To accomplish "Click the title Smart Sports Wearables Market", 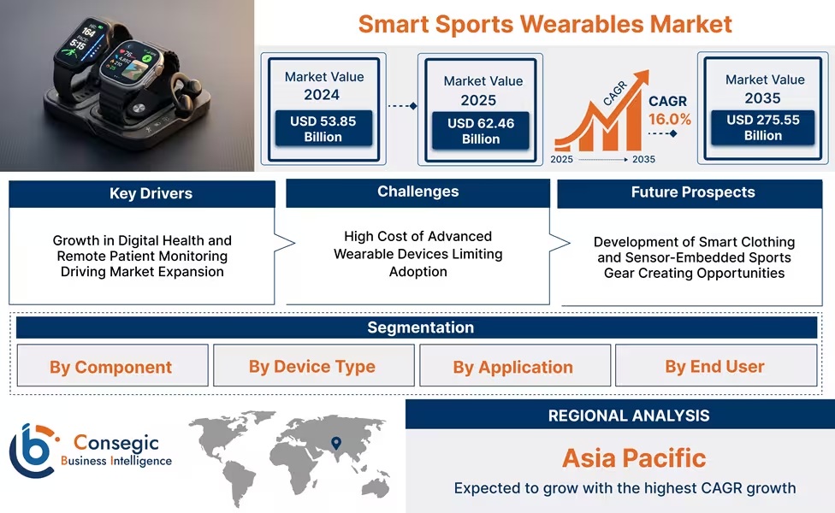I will click(545, 23).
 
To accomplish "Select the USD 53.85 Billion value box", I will click(323, 129).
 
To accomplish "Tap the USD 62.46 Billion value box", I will click(481, 131).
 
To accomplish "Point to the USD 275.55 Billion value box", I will click(763, 127).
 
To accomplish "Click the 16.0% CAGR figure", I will click(669, 119).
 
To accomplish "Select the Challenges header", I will click(417, 192).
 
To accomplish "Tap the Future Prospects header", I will click(693, 192).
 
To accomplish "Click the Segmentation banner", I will click(420, 327).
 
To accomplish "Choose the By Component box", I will click(111, 367).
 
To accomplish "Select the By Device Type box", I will click(312, 366).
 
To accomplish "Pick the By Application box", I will click(513, 367).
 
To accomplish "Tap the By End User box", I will click(714, 366).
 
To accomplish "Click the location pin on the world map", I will click(336, 443).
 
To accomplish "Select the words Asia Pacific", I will click(634, 457).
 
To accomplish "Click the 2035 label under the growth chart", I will click(643, 159).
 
